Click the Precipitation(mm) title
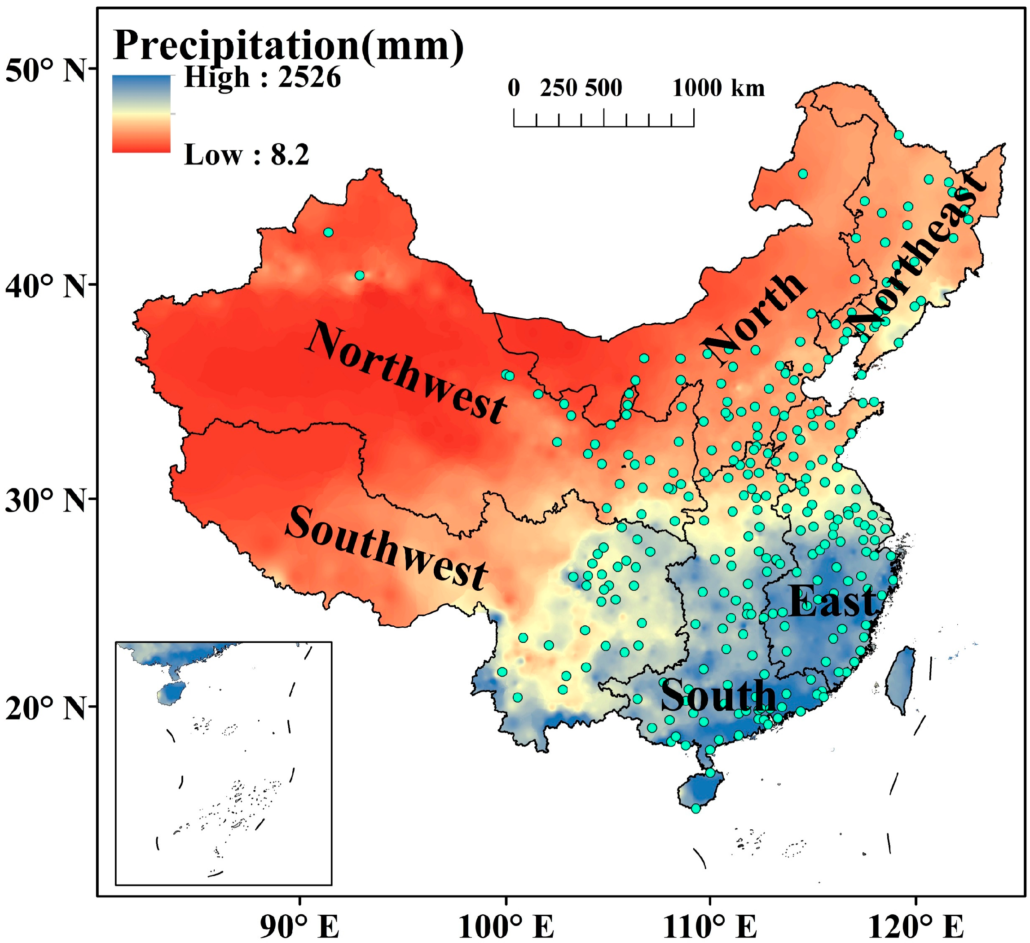click(x=289, y=46)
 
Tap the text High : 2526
click(x=262, y=78)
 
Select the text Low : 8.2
click(x=246, y=155)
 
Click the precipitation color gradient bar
click(x=141, y=114)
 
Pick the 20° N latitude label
click(x=45, y=708)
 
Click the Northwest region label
click(x=406, y=372)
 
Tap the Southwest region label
click(x=386, y=549)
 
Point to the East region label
click(x=831, y=602)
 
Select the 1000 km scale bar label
click(x=718, y=89)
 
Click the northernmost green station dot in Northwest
click(x=329, y=233)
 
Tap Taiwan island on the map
click(x=902, y=680)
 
